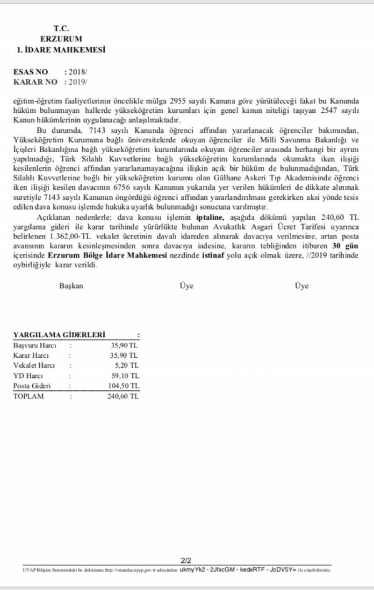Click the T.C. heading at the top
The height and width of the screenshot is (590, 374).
[x=61, y=29]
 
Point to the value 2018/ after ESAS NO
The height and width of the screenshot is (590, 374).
[x=78, y=72]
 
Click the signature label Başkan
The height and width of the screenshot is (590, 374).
[x=71, y=286]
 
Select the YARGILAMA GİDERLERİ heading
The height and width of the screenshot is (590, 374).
[x=59, y=335]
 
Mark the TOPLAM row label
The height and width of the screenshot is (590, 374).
[x=29, y=396]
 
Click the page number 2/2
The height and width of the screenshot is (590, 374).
[x=186, y=560]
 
